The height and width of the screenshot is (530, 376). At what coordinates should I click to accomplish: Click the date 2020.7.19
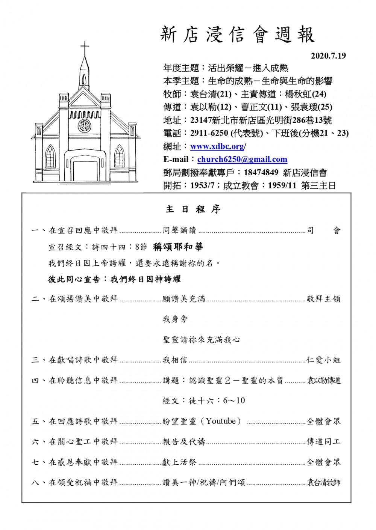[328, 56]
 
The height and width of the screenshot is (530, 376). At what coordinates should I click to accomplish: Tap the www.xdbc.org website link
[218, 146]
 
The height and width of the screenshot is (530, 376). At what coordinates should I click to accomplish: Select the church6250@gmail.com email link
[242, 159]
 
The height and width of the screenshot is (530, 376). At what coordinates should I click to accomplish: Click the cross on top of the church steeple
[85, 48]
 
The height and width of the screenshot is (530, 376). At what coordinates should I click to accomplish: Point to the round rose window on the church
[84, 125]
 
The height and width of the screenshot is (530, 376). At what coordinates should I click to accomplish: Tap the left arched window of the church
[50, 156]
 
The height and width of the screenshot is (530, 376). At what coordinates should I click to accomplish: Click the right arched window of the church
[119, 156]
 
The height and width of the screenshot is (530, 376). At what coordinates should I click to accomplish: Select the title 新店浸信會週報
[237, 35]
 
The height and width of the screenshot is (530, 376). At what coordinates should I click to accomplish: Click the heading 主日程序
[193, 209]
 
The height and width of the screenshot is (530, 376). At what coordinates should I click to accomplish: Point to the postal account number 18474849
[261, 172]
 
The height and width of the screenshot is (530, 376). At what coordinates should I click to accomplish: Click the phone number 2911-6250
[209, 133]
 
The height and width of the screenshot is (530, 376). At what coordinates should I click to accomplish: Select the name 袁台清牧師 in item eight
[323, 482]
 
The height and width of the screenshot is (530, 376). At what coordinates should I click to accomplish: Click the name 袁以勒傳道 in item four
[323, 381]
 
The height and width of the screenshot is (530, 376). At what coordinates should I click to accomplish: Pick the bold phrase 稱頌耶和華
[178, 247]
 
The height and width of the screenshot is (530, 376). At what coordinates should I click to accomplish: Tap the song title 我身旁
[175, 319]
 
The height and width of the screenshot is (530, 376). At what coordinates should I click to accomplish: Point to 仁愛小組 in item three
[323, 360]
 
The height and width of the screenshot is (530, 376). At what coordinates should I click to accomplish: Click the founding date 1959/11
[282, 185]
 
